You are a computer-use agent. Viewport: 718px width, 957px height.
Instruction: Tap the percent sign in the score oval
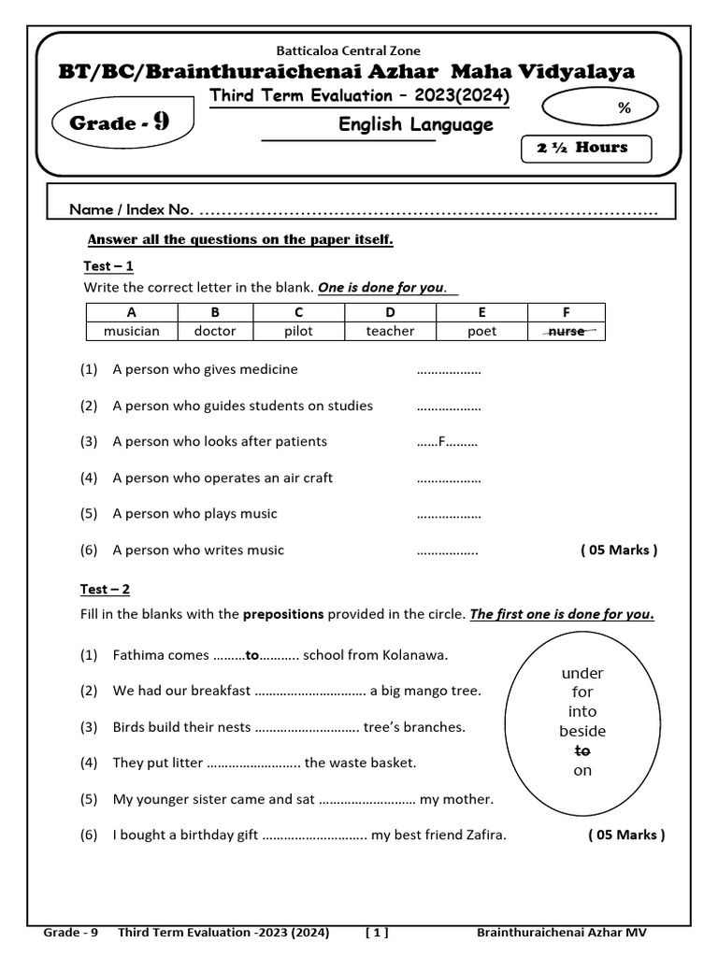625,108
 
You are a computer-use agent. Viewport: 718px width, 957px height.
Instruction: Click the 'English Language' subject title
415,125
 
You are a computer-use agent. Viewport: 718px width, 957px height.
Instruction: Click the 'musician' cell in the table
131,331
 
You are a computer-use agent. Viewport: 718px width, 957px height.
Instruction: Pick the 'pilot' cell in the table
298,331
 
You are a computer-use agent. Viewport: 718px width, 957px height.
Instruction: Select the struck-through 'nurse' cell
566,331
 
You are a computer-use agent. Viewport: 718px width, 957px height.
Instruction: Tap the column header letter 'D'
390,312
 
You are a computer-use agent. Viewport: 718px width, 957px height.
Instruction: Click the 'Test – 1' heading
108,266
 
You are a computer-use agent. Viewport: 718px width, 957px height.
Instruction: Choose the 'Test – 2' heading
106,589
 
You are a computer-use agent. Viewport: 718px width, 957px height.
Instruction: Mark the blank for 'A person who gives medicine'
448,370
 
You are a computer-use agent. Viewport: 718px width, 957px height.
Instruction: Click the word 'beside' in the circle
582,731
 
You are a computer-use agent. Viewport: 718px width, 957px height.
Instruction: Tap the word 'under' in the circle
582,673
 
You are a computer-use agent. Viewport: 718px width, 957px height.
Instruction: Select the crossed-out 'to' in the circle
582,750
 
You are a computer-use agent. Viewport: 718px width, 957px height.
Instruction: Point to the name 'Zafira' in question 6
484,835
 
